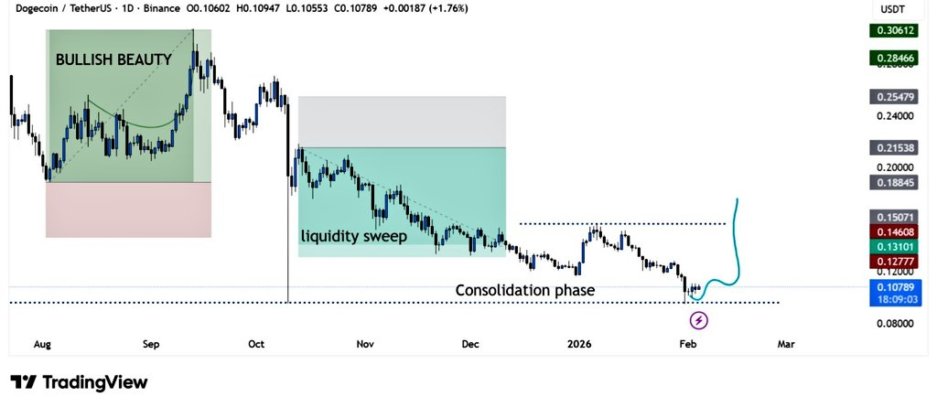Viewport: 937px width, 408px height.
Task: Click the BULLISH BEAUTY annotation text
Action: (113, 60)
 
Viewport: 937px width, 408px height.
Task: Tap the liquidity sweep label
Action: (353, 235)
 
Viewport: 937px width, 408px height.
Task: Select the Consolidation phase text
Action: (525, 290)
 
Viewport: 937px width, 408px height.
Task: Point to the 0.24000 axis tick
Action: (894, 116)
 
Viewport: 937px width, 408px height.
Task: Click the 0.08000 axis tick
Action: (894, 323)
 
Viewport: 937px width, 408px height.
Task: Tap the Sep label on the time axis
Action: (151, 344)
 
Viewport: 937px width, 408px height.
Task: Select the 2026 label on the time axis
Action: (578, 344)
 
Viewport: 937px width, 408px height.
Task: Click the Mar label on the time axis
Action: (785, 344)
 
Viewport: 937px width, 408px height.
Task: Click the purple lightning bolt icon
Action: (699, 320)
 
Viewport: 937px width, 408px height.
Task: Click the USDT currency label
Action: (894, 9)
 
